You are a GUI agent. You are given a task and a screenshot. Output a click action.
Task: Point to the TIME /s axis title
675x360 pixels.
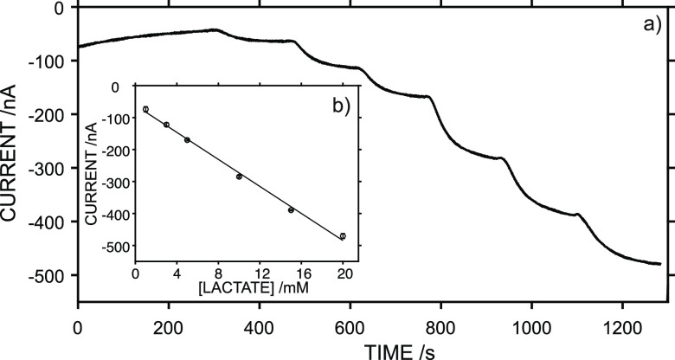pyautogui.click(x=375, y=350)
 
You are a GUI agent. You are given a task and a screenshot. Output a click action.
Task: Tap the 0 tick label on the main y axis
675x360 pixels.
pyautogui.click(x=59, y=8)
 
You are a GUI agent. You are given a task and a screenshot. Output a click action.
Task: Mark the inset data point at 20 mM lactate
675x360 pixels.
pyautogui.click(x=343, y=236)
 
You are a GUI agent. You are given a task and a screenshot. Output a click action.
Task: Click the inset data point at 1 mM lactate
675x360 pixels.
pyautogui.click(x=145, y=109)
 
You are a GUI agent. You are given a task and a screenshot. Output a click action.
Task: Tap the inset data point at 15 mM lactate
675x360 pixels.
pyautogui.click(x=291, y=210)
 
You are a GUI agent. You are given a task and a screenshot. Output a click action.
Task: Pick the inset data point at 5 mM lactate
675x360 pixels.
pyautogui.click(x=187, y=140)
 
